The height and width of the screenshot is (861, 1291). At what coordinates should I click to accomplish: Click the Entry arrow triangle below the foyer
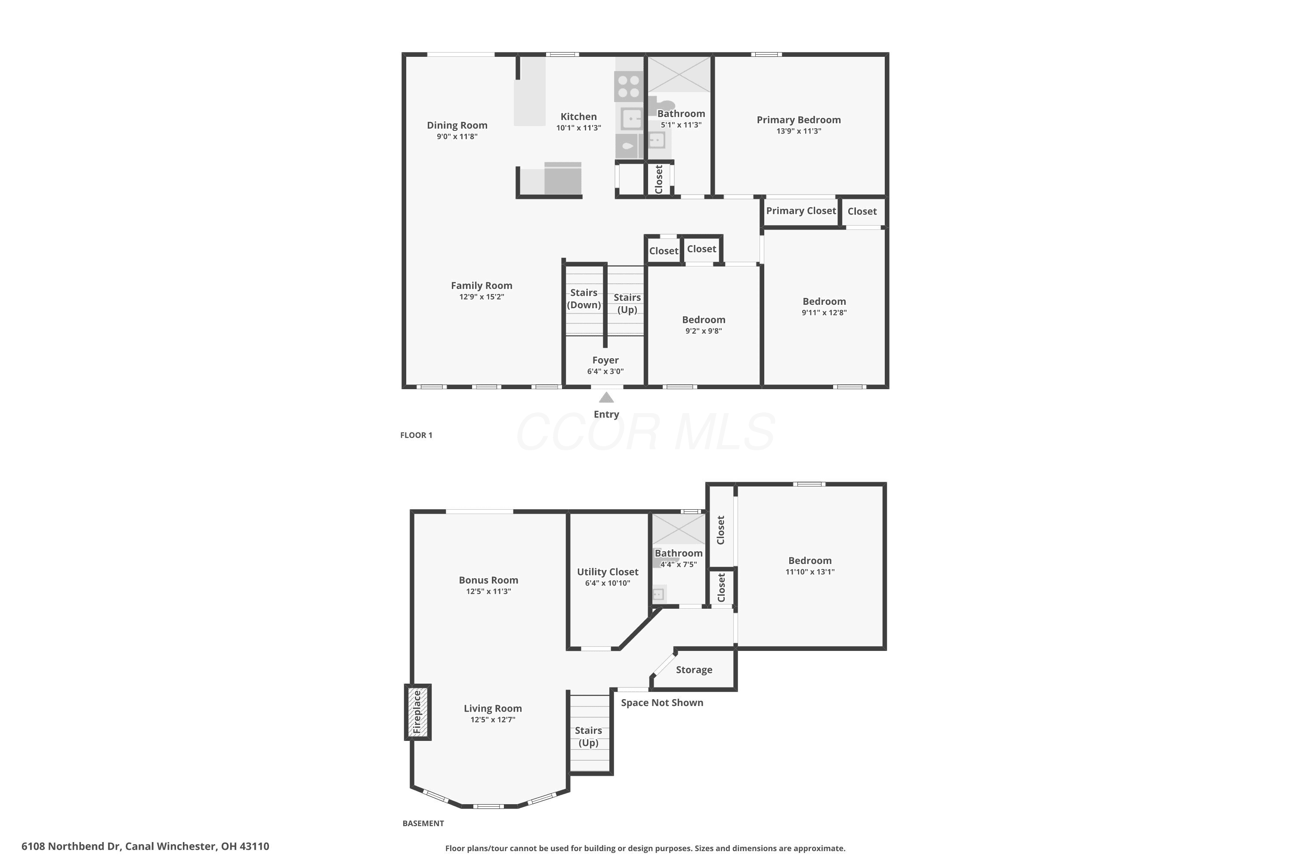(606, 397)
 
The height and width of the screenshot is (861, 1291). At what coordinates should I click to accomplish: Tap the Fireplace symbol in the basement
(418, 712)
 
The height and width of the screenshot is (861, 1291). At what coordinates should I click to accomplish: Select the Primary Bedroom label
(799, 120)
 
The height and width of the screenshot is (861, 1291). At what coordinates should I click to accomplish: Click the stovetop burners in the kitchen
(628, 86)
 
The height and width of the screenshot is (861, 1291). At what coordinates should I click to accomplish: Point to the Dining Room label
(457, 125)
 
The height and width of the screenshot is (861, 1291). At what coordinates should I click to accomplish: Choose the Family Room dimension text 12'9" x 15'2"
(482, 297)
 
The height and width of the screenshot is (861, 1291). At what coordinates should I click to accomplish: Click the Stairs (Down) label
(584, 299)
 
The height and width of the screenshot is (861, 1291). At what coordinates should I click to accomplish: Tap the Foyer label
(605, 360)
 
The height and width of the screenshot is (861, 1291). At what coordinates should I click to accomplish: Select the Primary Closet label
(801, 211)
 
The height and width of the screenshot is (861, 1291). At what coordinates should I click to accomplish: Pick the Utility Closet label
(608, 572)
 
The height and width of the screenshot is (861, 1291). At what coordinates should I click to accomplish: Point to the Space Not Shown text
(662, 703)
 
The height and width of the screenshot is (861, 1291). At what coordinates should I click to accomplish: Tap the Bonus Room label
(488, 580)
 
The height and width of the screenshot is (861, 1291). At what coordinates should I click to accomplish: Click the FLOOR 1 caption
(416, 435)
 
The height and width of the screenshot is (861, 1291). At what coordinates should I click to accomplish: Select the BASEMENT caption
(423, 823)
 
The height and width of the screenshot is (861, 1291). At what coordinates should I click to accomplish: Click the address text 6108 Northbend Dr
(71, 846)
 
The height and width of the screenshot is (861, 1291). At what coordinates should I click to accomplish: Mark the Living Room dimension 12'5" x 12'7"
(493, 720)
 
